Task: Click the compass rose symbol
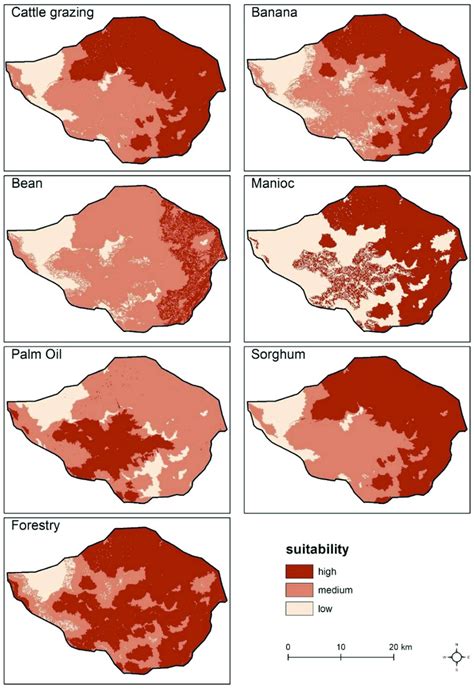coord(456,656)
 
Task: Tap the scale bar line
coord(341,659)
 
